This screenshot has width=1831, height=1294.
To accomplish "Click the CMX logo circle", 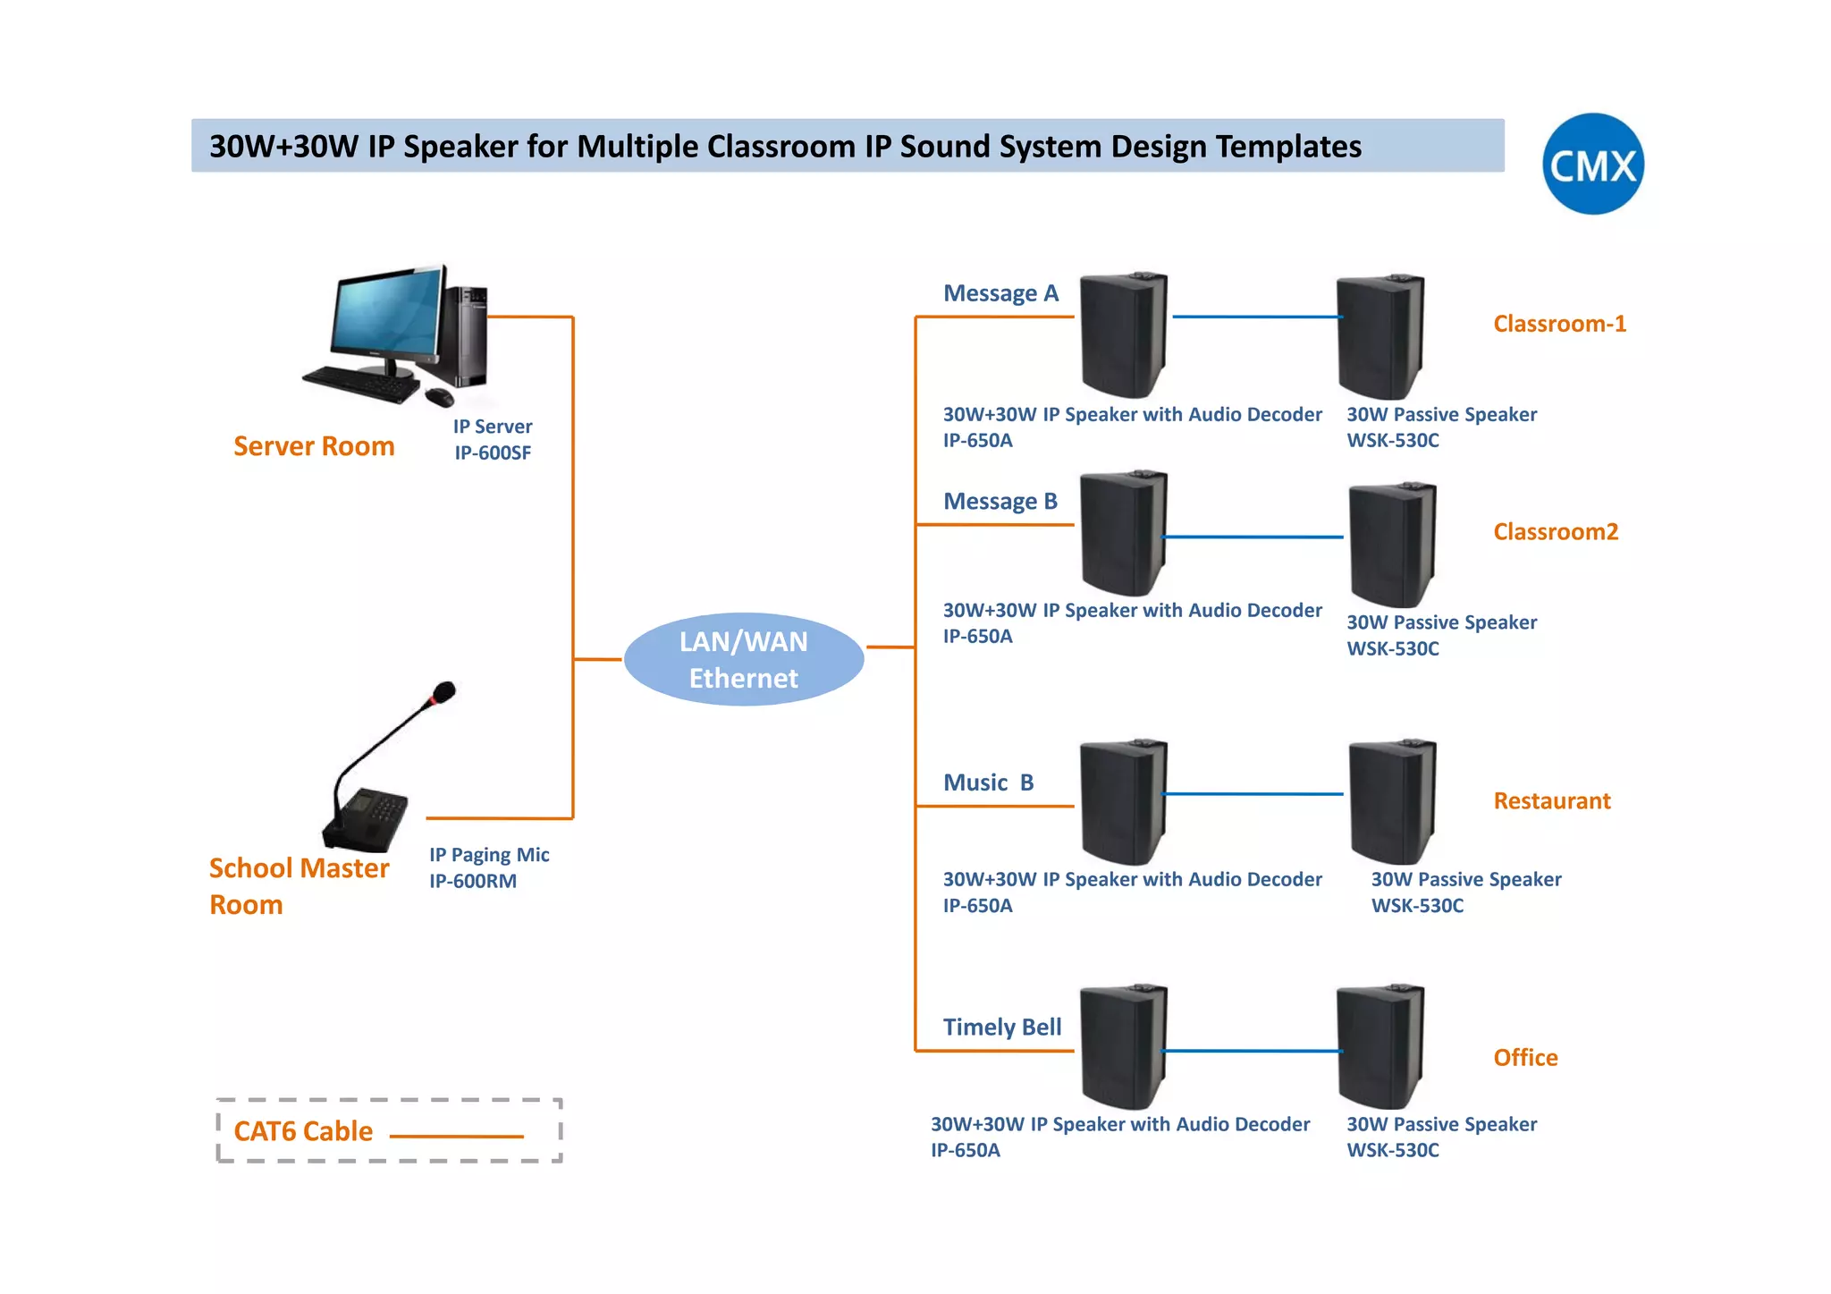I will (x=1592, y=164).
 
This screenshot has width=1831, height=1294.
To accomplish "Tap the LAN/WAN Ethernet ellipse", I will (x=743, y=660).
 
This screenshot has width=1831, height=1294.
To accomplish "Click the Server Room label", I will (x=314, y=446).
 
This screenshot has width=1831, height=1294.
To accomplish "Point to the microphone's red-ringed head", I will (x=443, y=692).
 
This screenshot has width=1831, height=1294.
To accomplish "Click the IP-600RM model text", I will (x=473, y=882).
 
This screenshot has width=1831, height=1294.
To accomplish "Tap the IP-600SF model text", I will (x=493, y=453).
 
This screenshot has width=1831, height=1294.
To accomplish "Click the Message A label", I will (x=1000, y=293).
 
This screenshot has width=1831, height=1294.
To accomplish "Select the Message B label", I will (x=1000, y=502).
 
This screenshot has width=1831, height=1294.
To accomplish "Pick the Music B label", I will (x=988, y=783).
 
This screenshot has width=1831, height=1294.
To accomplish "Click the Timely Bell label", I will (x=1002, y=1028).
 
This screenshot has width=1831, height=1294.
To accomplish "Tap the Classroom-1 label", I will (x=1559, y=324).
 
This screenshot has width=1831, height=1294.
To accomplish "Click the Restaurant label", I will (x=1552, y=801).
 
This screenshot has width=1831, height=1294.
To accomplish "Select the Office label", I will (x=1525, y=1058).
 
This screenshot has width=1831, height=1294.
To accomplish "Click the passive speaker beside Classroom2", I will (x=1392, y=546).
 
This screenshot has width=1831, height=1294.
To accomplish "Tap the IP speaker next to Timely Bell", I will (x=1123, y=1046).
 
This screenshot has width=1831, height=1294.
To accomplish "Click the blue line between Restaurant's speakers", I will (x=1252, y=794).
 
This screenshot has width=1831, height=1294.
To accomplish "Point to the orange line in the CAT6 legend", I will (x=456, y=1137).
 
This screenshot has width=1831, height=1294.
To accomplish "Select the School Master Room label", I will (x=298, y=886).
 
